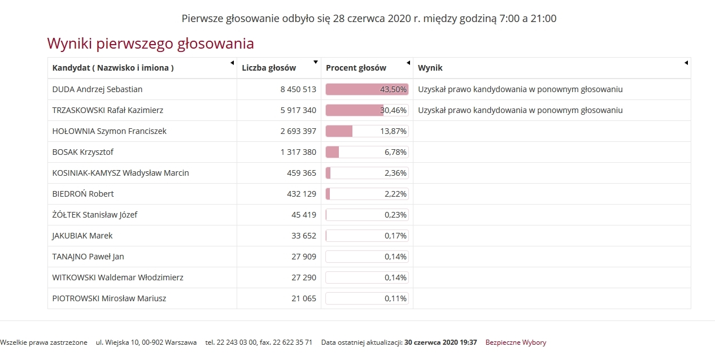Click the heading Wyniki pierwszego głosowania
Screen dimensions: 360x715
pos(150,44)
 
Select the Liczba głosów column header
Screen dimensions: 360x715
pos(269,68)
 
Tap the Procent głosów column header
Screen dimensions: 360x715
pos(356,68)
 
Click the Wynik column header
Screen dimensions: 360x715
pos(430,68)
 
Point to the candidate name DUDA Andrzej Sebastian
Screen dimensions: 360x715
pos(97,89)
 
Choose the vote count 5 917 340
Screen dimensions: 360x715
pos(298,110)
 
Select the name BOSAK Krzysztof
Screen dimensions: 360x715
pos(83,152)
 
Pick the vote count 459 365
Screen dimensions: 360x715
pos(302,173)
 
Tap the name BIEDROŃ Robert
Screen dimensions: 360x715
pos(83,194)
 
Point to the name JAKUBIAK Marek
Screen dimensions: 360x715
pos(82,236)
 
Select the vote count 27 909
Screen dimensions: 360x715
pos(304,257)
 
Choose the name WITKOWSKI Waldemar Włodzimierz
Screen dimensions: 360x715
pos(117,277)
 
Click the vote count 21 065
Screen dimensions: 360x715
pos(304,298)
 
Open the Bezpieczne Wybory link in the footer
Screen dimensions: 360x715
pos(516,342)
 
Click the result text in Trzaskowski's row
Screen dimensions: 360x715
pos(520,110)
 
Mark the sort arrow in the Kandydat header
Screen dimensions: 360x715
pos(232,63)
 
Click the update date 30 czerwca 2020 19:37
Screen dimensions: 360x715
pos(441,342)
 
